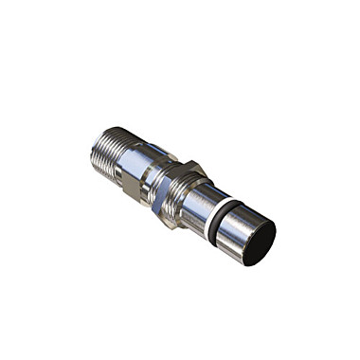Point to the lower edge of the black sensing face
pos(247,264)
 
